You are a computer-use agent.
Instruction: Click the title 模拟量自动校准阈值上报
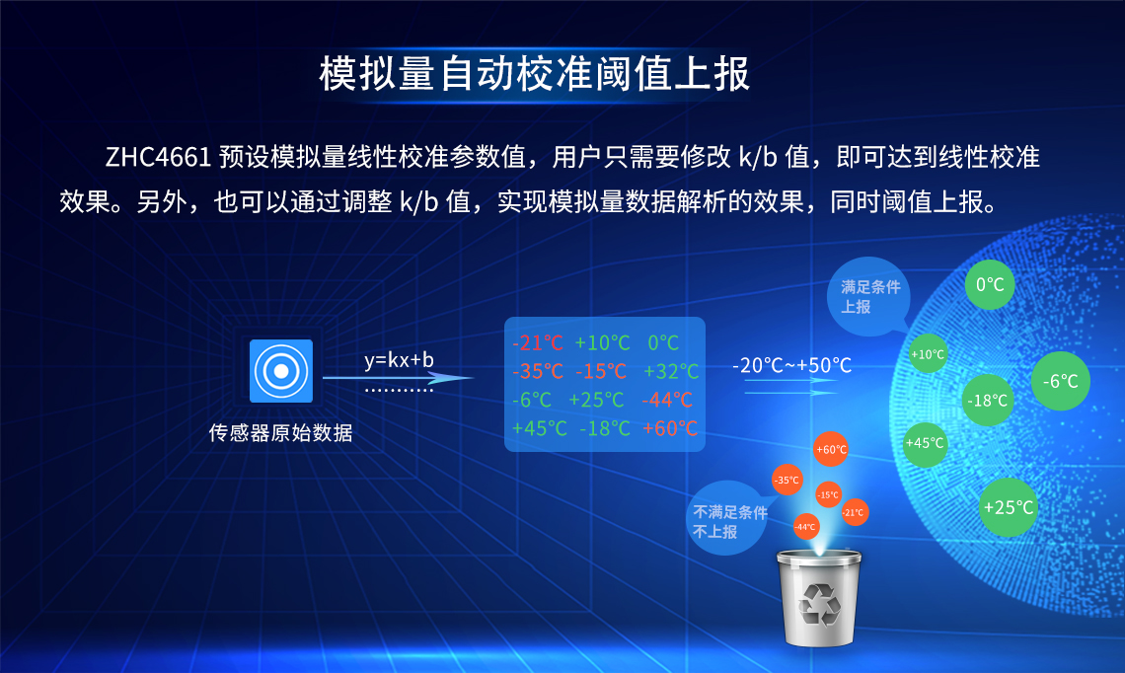tap(535, 74)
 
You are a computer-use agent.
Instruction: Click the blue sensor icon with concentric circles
tap(281, 370)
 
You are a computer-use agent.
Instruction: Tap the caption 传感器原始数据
tap(281, 432)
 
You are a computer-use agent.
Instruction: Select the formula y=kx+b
tap(399, 359)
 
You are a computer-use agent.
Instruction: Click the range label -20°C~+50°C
tap(791, 365)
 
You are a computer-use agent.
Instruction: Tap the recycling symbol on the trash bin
tap(817, 603)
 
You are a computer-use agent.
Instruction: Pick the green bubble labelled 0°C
tap(989, 285)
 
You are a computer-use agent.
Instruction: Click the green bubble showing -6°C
tap(1061, 381)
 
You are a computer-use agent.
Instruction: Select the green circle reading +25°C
tap(1009, 507)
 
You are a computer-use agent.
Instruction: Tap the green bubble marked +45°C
tap(925, 443)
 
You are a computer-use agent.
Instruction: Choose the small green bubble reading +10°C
tap(928, 354)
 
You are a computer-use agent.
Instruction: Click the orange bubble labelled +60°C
tap(831, 450)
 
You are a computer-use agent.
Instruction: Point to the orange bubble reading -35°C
tap(787, 481)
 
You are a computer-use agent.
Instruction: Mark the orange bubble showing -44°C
tap(806, 526)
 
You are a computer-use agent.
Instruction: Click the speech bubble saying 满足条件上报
tap(867, 296)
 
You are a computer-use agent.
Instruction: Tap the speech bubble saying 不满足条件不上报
tap(730, 521)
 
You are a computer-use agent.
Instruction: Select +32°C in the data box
tap(671, 372)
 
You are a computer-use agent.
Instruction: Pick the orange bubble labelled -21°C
tap(854, 512)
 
